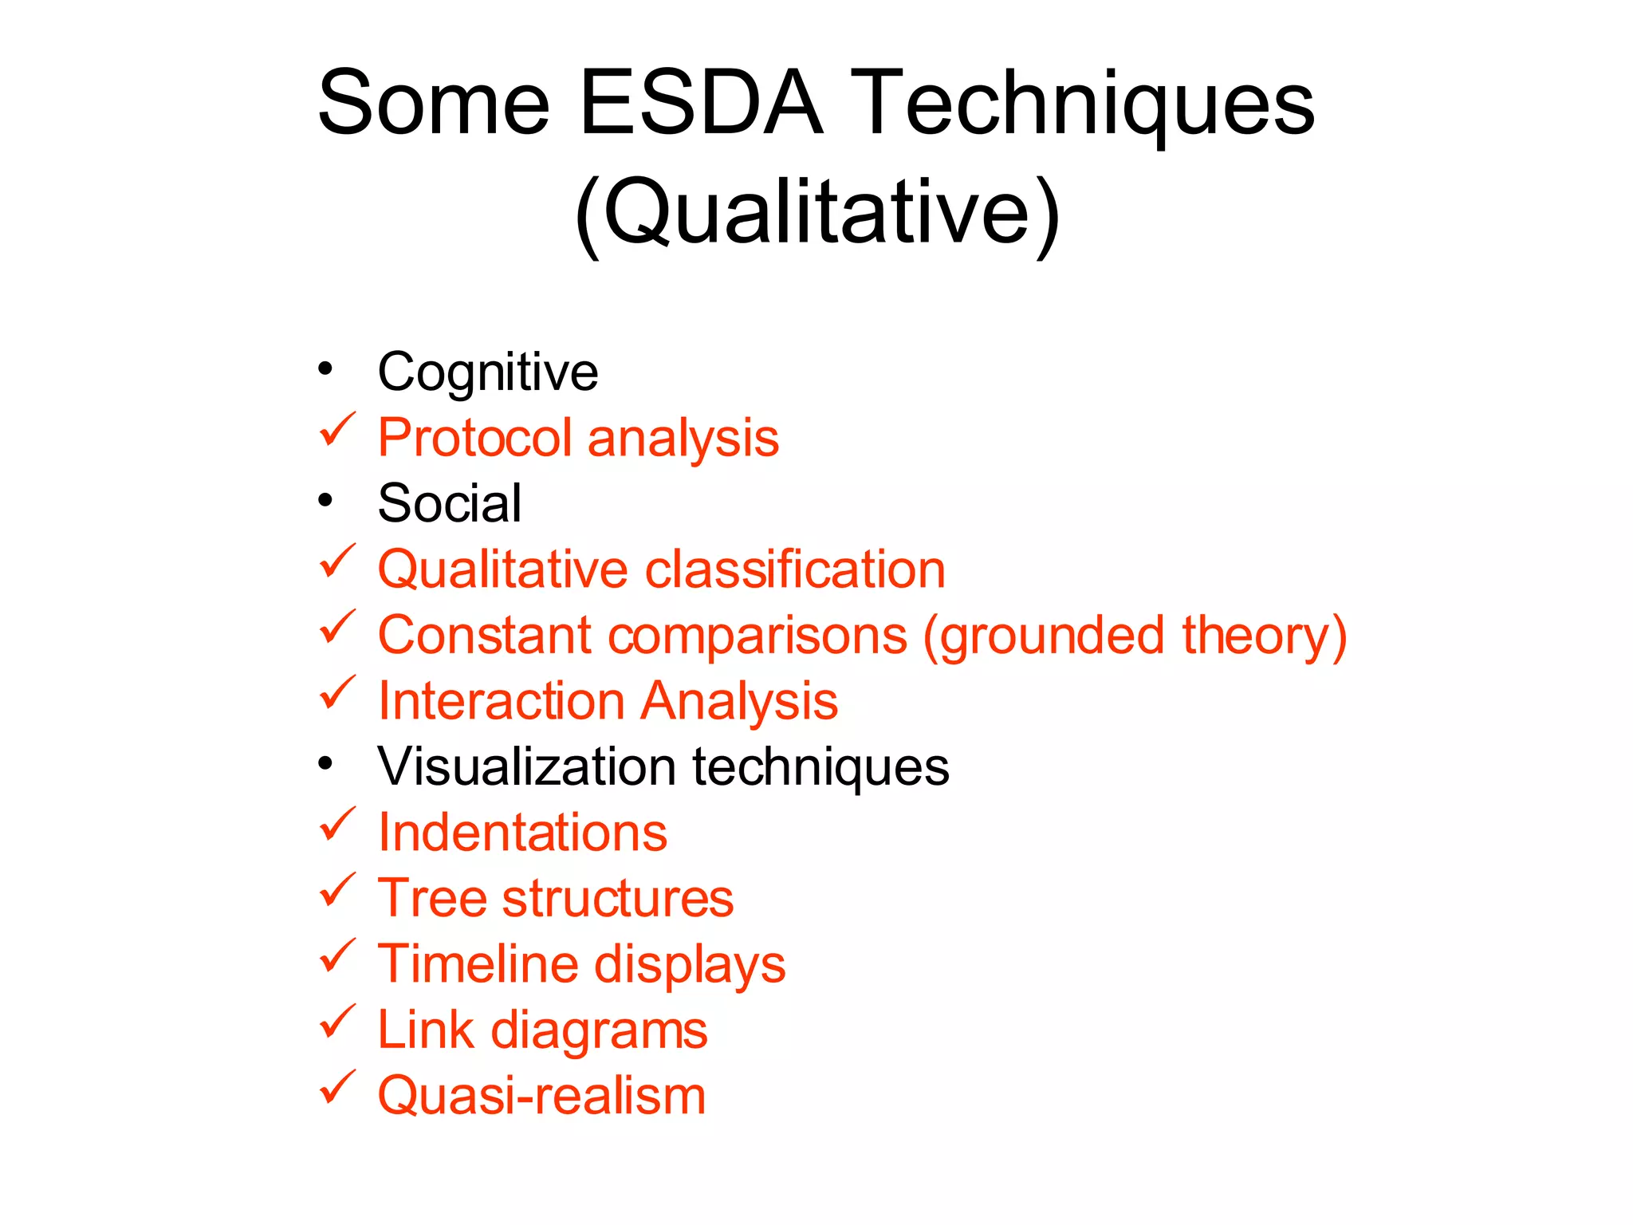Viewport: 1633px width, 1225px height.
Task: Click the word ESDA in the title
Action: (x=700, y=104)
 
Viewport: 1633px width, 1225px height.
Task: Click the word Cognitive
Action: (x=487, y=372)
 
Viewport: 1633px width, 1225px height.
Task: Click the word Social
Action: (x=450, y=504)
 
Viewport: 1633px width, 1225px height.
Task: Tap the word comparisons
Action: (x=757, y=636)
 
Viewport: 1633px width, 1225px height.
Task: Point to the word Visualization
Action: (x=527, y=766)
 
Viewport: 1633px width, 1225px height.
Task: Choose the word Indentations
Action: (x=522, y=833)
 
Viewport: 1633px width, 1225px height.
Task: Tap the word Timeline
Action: (x=478, y=963)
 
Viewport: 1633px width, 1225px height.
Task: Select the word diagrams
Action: (x=599, y=1030)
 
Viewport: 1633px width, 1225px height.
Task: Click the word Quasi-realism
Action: (x=541, y=1096)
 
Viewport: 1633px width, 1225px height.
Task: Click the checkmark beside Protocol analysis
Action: (x=336, y=431)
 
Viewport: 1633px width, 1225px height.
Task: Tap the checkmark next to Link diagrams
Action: (x=336, y=1022)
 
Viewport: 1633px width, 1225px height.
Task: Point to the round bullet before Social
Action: (x=325, y=501)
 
